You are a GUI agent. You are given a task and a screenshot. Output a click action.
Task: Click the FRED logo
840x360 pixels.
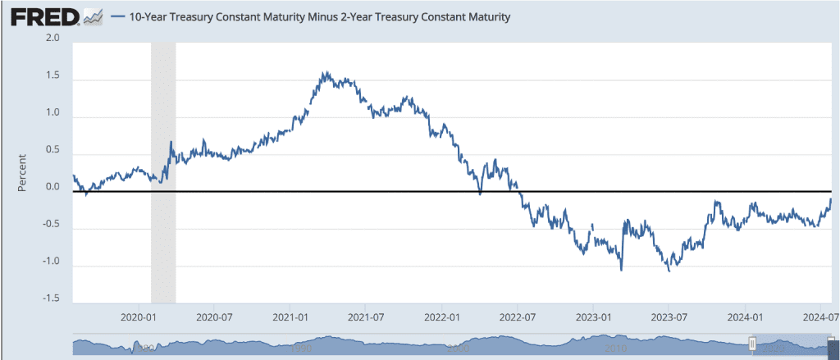(x=43, y=16)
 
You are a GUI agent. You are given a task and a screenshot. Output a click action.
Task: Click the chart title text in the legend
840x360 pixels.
(x=319, y=17)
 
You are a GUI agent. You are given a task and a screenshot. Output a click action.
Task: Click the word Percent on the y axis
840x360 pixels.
(x=22, y=172)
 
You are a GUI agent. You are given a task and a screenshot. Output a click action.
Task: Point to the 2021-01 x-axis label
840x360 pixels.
(x=290, y=317)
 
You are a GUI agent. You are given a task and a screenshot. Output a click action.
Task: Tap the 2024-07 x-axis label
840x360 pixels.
(x=819, y=317)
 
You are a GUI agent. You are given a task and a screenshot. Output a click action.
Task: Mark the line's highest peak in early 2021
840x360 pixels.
(x=326, y=72)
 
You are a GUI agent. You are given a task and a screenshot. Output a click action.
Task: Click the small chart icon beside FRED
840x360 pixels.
(x=94, y=17)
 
